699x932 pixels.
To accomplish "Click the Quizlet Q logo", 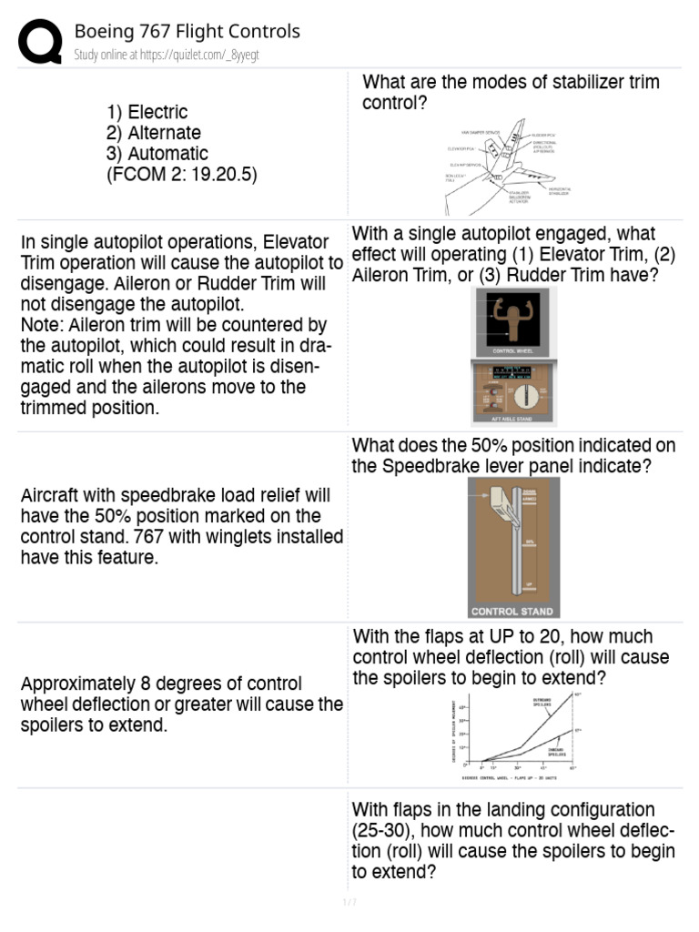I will coord(41,42).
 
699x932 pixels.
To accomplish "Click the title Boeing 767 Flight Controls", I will coord(187,32).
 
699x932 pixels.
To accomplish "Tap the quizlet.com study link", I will coord(167,56).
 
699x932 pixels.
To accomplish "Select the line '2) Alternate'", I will coord(154,133).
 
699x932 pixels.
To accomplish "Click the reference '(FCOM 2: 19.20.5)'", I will coord(182,175).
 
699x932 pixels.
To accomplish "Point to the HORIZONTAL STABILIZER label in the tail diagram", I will coord(559,190).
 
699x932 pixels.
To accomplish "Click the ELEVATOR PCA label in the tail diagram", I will coord(460,148).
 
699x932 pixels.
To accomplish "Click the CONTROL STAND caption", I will coord(511,612).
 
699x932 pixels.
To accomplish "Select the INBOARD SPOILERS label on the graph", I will coord(556,751).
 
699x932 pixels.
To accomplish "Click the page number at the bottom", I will coord(349,902).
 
